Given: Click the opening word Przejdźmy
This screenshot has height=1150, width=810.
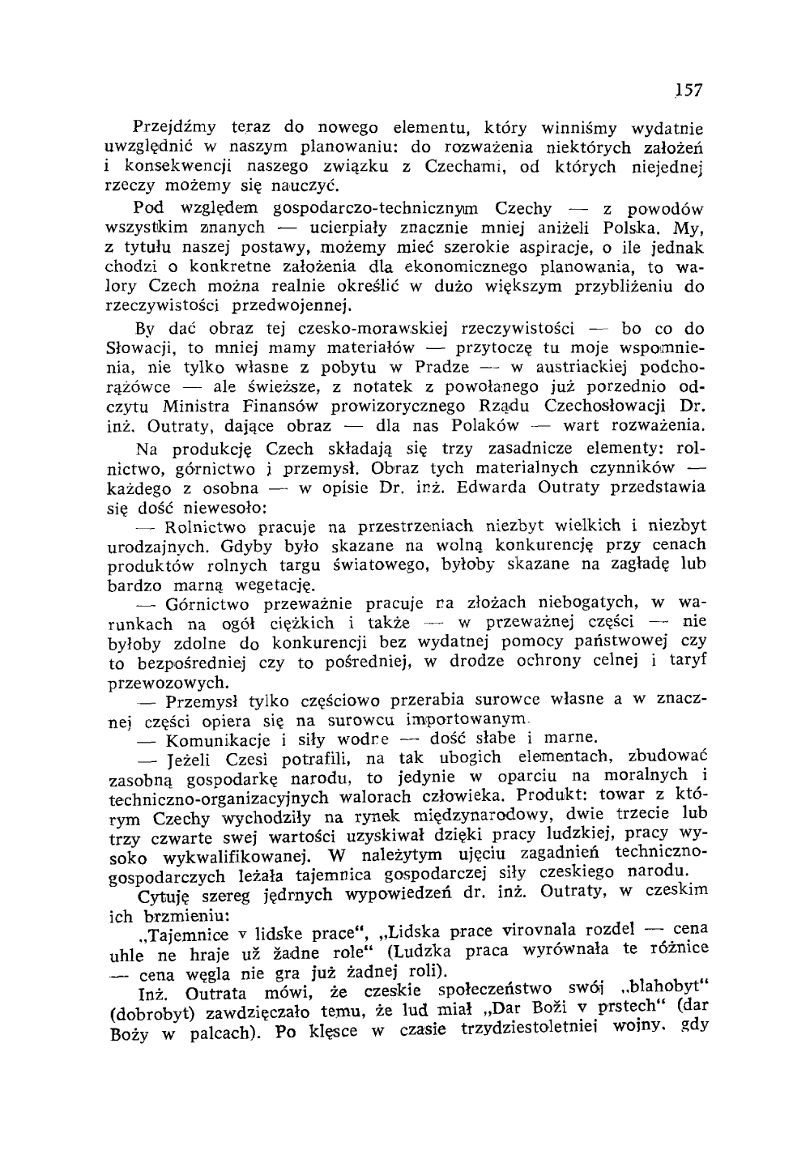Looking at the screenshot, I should click(x=173, y=128).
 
